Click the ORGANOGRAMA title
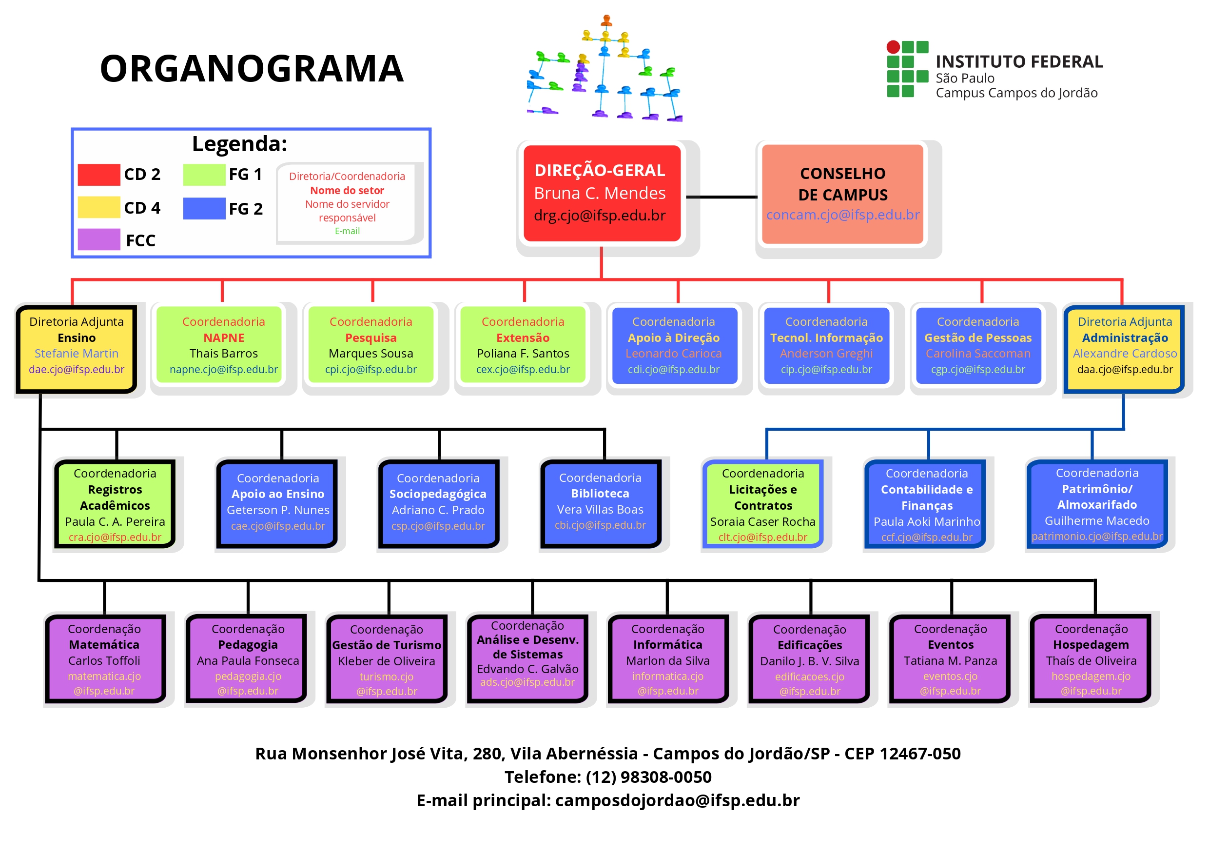[x=252, y=68]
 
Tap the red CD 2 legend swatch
[x=99, y=175]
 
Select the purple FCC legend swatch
[x=99, y=239]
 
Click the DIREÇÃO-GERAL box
[x=602, y=194]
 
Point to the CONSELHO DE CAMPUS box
[x=842, y=194]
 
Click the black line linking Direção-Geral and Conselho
[x=721, y=197]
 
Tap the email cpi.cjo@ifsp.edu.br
[x=371, y=370]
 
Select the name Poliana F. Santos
[x=523, y=353]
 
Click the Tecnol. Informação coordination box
[x=826, y=345]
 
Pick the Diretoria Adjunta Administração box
[x=1124, y=349]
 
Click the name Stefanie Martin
[x=77, y=353]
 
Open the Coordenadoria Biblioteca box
[x=600, y=503]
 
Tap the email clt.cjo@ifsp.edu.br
[x=763, y=537]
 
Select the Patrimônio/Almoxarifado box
[x=1097, y=504]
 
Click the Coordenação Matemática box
[x=105, y=659]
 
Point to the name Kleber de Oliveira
[x=387, y=661]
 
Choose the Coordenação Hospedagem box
[x=1091, y=659]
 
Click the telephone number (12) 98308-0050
[x=648, y=777]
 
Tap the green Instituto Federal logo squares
[x=908, y=69]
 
